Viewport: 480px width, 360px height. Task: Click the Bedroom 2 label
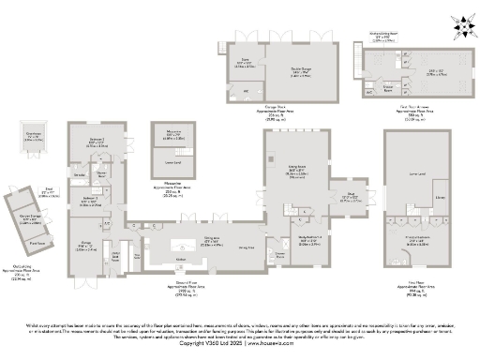tap(97, 143)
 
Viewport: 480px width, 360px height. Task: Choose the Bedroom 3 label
tap(90, 199)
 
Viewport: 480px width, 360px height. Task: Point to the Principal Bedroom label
tap(417, 239)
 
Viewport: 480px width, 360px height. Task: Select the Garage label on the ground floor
tap(83, 247)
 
